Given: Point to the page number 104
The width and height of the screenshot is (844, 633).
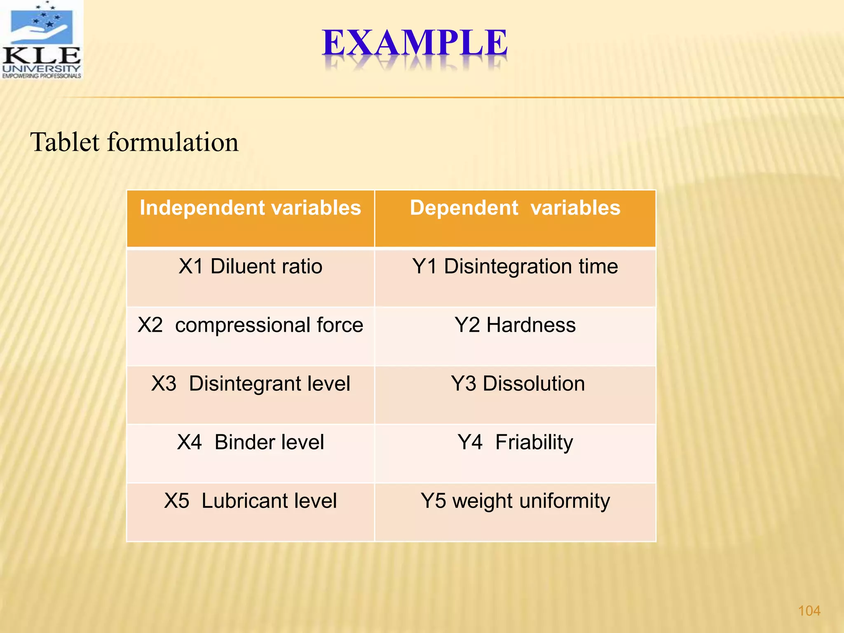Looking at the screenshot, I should [809, 611].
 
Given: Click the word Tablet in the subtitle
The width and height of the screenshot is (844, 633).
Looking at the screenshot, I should [65, 142].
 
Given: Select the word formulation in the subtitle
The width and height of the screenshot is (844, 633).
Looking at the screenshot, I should [173, 142].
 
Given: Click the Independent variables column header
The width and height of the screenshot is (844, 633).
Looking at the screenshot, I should [250, 208].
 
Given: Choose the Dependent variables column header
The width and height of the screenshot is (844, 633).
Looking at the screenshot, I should [515, 208].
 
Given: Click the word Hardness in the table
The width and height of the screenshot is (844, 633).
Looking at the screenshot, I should [531, 325].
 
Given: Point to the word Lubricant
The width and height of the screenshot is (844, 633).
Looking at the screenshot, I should [240, 501].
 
